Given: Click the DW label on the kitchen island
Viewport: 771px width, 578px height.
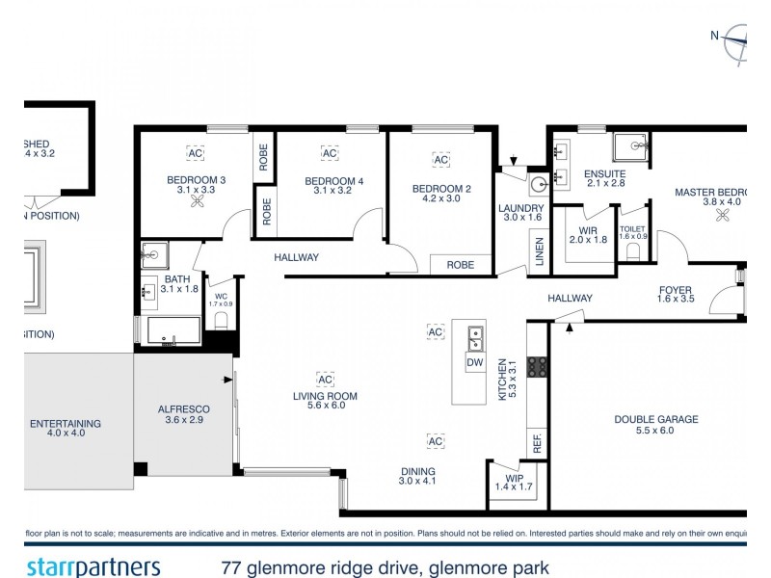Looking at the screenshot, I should click(473, 363).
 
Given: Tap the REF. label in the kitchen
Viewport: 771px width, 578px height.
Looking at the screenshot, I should click(537, 444).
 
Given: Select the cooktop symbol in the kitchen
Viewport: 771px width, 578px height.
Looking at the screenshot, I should click(538, 366).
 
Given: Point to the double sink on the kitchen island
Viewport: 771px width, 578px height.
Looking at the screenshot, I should click(474, 337).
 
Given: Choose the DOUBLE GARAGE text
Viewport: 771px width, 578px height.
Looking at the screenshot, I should click(656, 419).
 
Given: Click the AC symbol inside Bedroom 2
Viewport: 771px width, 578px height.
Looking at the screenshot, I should click(441, 160).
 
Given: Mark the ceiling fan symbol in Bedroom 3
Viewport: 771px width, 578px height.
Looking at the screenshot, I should click(197, 203).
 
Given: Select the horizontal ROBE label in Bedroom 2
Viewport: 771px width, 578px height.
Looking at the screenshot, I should click(460, 263).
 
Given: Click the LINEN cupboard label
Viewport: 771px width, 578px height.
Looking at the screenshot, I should click(540, 252).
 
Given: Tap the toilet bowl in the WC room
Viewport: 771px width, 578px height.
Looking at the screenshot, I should click(221, 320).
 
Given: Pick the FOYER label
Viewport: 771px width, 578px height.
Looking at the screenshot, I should click(676, 289).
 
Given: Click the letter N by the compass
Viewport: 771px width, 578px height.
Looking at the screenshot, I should click(715, 36).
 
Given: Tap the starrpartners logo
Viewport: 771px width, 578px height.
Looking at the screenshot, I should click(93, 566).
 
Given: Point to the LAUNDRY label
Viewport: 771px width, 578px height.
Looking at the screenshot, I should click(521, 207).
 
